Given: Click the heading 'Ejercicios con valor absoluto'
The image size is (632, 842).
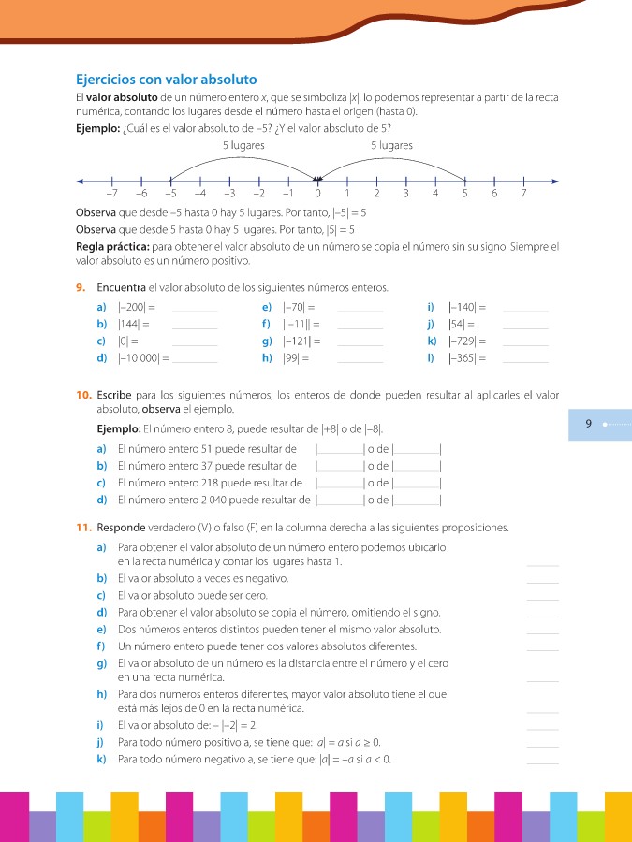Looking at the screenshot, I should (166, 80).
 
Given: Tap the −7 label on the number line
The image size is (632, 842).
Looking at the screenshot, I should (111, 194).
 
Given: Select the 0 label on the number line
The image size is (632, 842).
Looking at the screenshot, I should (317, 194).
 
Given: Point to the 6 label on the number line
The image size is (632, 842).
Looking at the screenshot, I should (493, 194).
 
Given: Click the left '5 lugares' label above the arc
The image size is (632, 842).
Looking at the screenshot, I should (243, 146).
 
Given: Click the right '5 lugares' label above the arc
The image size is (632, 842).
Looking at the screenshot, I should (391, 146).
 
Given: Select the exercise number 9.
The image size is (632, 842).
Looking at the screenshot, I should (81, 287).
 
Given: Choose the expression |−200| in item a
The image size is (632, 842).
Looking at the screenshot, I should (132, 307).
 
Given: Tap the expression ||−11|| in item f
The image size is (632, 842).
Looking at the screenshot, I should (298, 324).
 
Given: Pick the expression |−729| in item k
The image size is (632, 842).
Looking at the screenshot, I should (465, 341).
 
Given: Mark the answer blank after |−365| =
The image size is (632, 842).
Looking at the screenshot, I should (525, 359).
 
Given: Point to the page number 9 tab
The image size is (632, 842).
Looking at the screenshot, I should (589, 424).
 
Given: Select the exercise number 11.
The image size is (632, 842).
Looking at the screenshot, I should (83, 528).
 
